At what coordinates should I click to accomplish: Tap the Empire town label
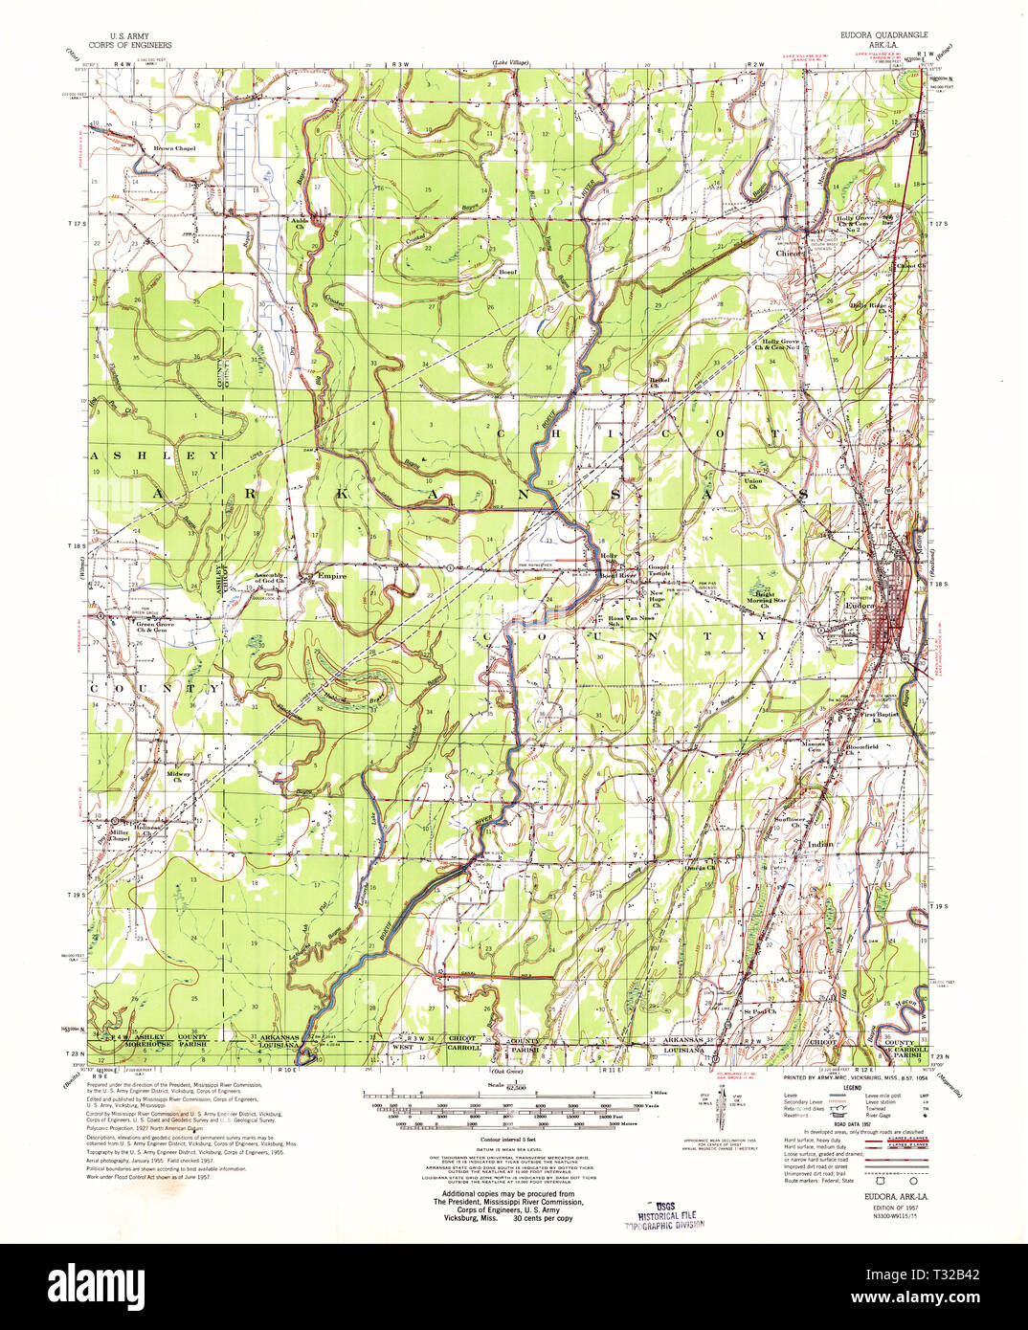click(x=332, y=576)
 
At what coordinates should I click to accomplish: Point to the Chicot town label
click(x=790, y=254)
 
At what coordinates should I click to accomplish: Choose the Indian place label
click(x=820, y=844)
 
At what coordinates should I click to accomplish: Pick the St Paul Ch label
click(x=759, y=1009)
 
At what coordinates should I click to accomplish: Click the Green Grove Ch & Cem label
click(x=154, y=627)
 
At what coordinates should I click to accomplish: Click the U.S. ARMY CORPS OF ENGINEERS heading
click(x=129, y=40)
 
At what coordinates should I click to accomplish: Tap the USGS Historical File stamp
click(x=659, y=1214)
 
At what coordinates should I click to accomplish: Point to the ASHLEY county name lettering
click(x=154, y=456)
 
